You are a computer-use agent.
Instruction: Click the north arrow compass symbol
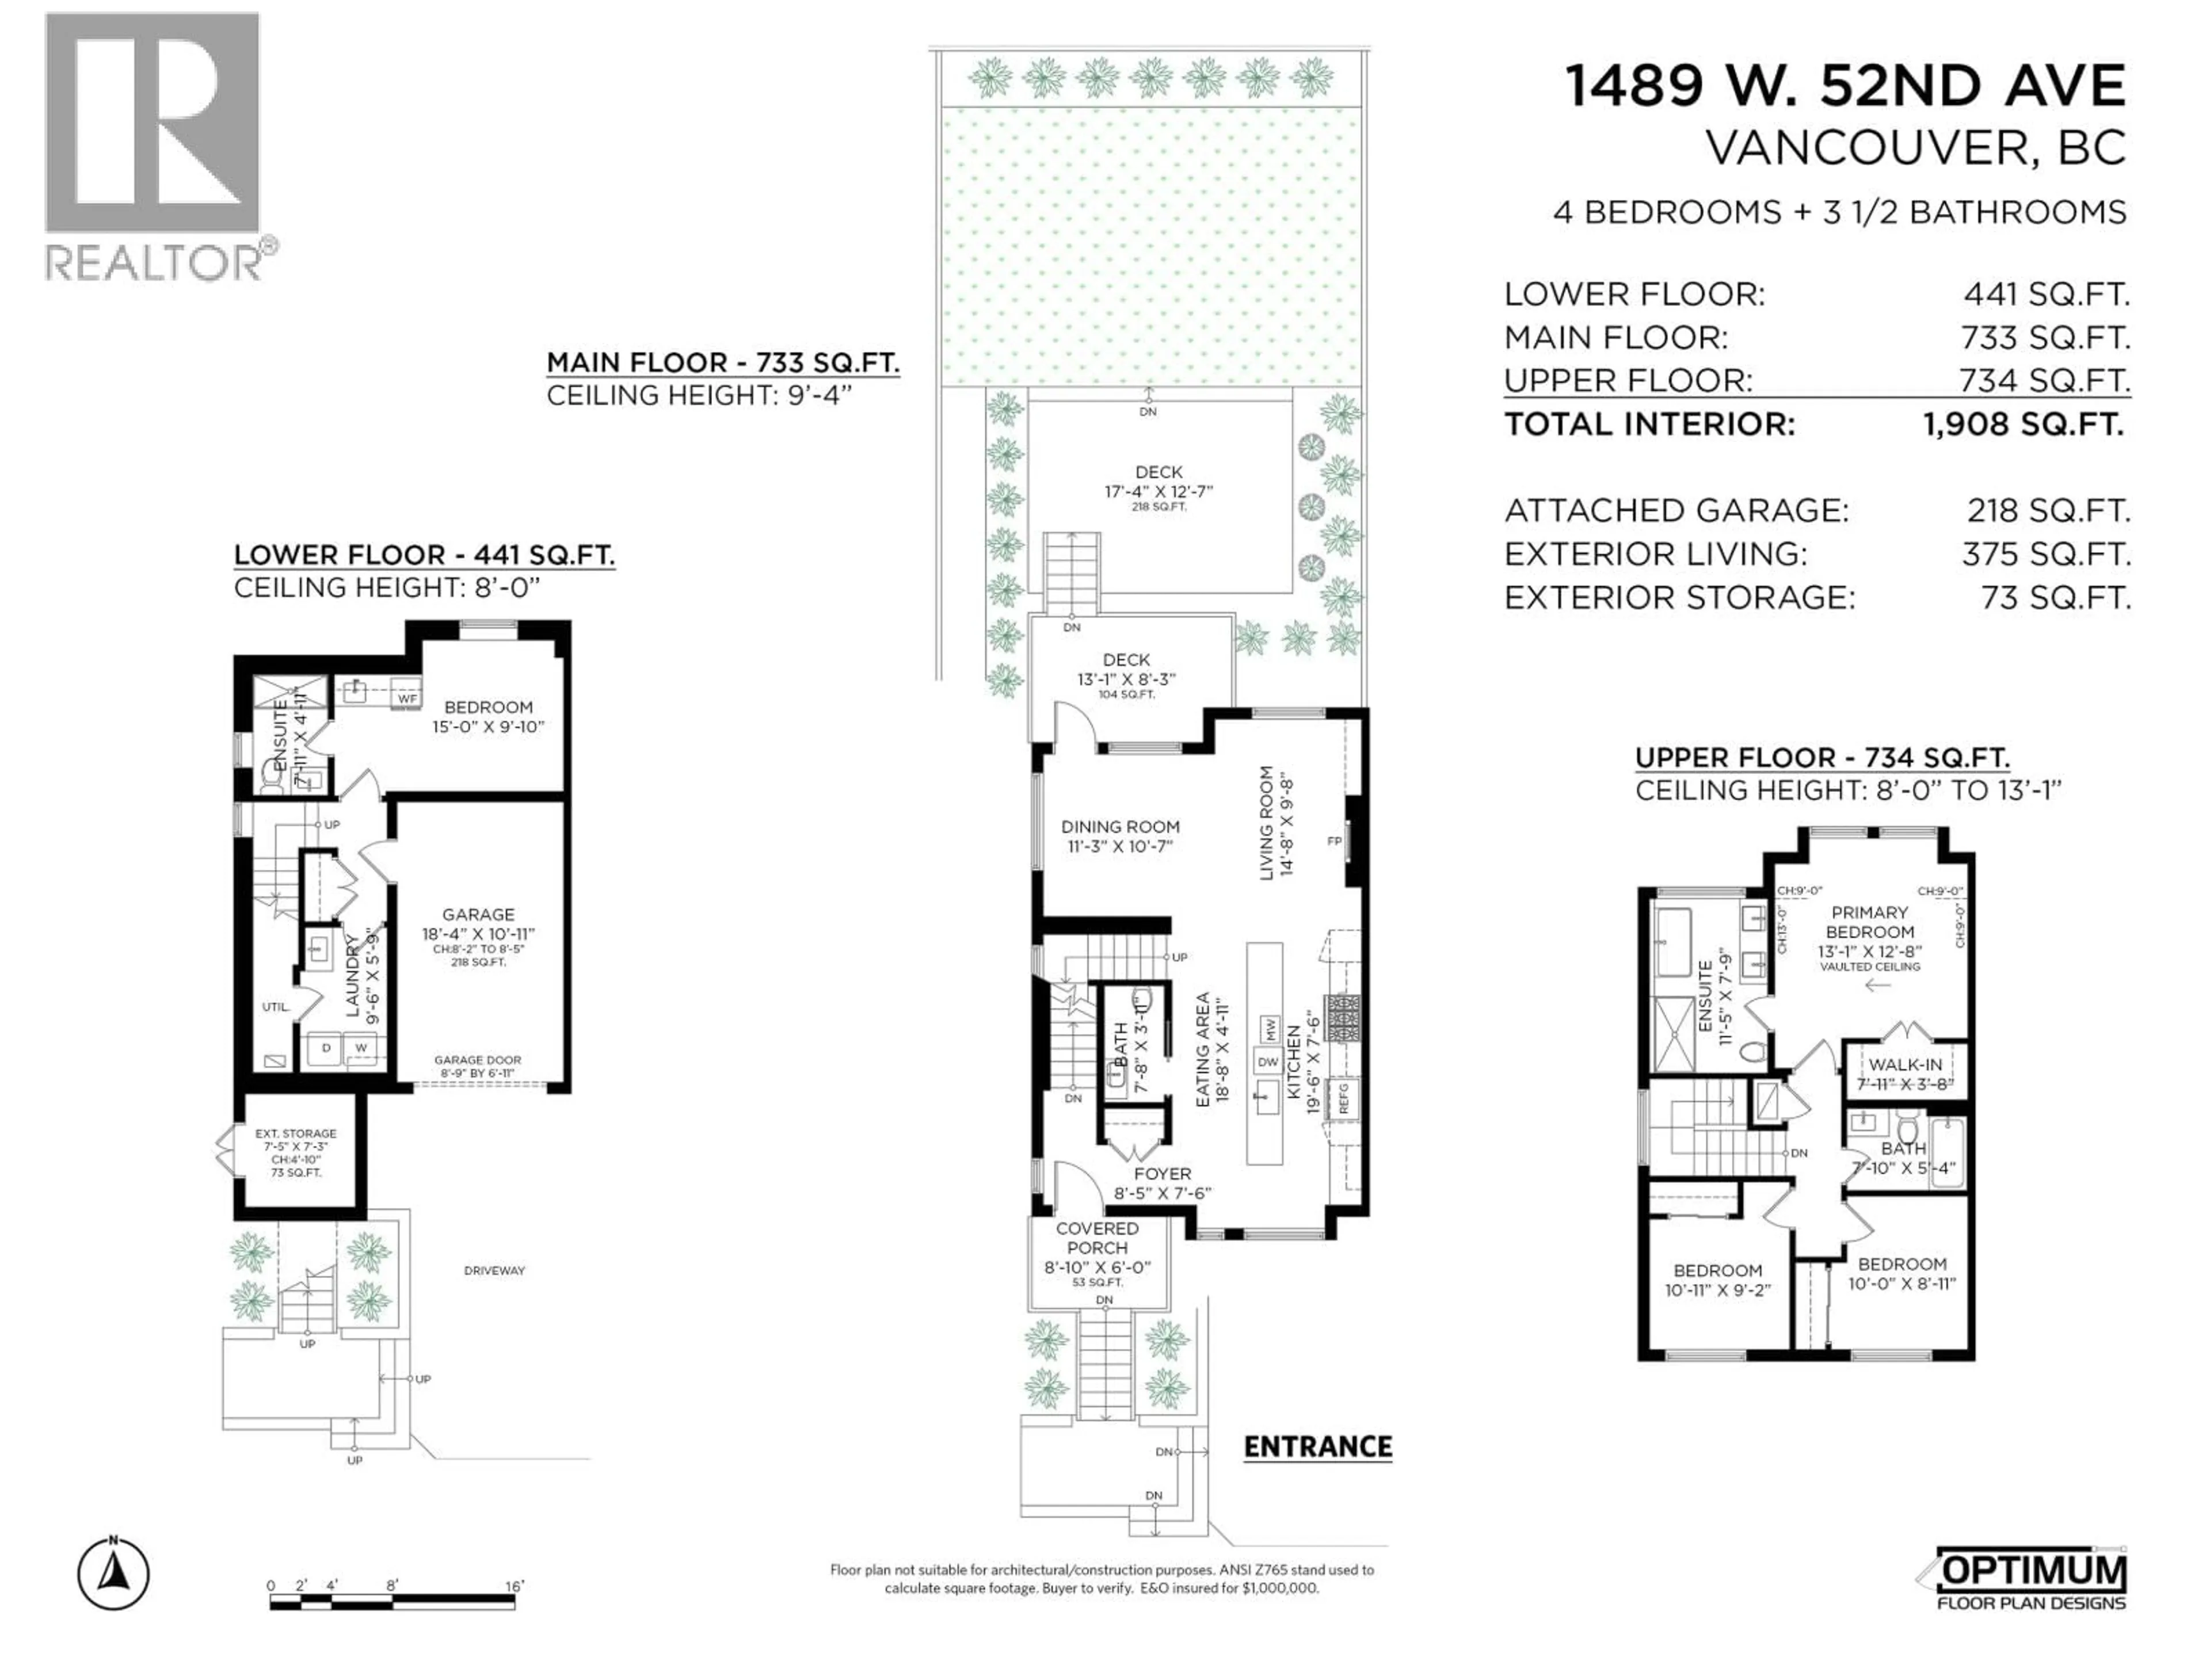tap(113, 1575)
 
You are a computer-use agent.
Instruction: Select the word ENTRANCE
tap(1317, 1447)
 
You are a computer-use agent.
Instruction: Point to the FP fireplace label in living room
tap(1334, 841)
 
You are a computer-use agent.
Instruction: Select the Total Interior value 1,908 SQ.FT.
tap(2023, 425)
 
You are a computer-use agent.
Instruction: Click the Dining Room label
tap(1120, 827)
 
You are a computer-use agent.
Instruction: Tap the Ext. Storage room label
tap(296, 1133)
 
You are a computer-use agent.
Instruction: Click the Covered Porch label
tap(1097, 1239)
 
